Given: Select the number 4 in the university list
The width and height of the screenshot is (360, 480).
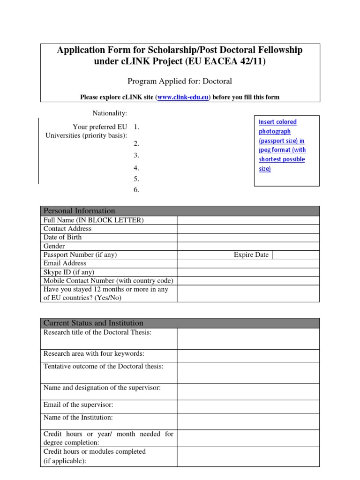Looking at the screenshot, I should pyautogui.click(x=136, y=168).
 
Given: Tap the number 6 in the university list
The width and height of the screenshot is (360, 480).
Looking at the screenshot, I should pyautogui.click(x=136, y=190).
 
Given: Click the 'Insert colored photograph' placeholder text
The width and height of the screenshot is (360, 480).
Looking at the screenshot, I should pyautogui.click(x=282, y=145).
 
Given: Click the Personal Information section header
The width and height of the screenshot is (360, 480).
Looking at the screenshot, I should pyautogui.click(x=79, y=211).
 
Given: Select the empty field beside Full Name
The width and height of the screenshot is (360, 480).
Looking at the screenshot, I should pyautogui.click(x=248, y=220).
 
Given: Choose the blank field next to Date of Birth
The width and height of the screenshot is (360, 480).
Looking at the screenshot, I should pyautogui.click(x=248, y=237).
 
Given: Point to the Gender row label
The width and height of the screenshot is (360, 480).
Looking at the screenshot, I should pyautogui.click(x=54, y=246).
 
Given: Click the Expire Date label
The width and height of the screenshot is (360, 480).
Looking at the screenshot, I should pyautogui.click(x=251, y=255).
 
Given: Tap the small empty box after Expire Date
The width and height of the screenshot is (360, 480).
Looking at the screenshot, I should pyautogui.click(x=295, y=255).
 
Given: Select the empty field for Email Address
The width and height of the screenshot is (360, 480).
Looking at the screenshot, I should pyautogui.click(x=248, y=263).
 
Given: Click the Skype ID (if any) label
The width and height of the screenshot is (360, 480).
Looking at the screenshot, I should pyautogui.click(x=69, y=272).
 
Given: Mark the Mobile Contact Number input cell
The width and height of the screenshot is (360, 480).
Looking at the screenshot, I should pyautogui.click(x=248, y=281).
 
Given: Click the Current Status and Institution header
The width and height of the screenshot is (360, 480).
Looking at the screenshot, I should pyautogui.click(x=93, y=323).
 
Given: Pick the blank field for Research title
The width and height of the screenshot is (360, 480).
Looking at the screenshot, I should pyautogui.click(x=248, y=338).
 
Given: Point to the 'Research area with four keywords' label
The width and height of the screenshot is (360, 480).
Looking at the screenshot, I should pyautogui.click(x=94, y=353).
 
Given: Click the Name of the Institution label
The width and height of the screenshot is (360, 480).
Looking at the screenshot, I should pyautogui.click(x=78, y=417).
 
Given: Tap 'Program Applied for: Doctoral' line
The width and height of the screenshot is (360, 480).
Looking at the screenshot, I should pyautogui.click(x=180, y=81).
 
